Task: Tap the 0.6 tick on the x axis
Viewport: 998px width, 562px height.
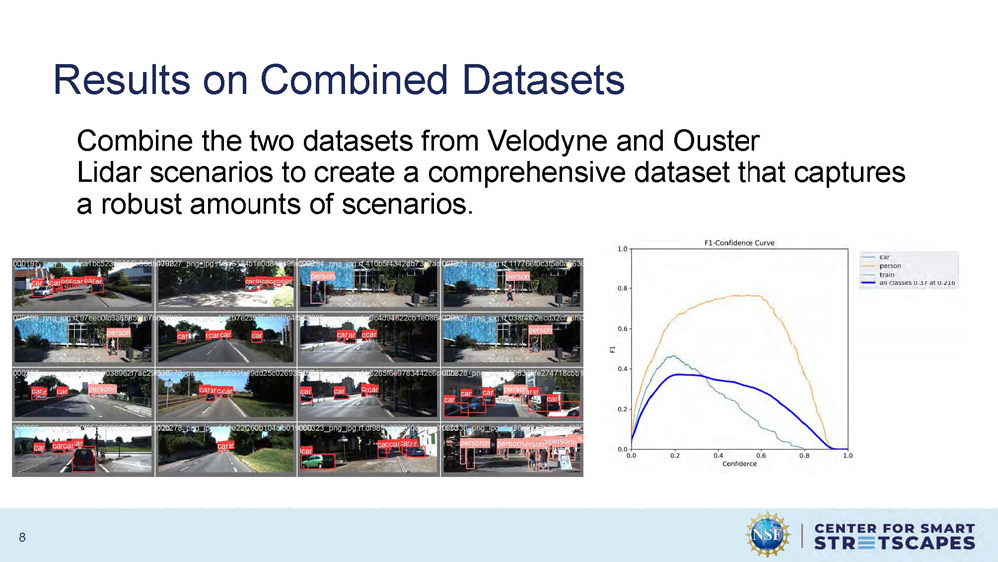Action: click(760, 456)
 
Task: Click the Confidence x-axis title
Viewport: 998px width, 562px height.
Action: click(738, 465)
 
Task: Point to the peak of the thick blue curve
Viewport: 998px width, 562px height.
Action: click(679, 374)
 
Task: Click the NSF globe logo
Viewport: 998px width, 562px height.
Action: click(768, 534)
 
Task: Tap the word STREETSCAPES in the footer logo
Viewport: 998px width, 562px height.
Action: click(894, 543)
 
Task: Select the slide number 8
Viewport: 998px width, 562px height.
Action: click(22, 538)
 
